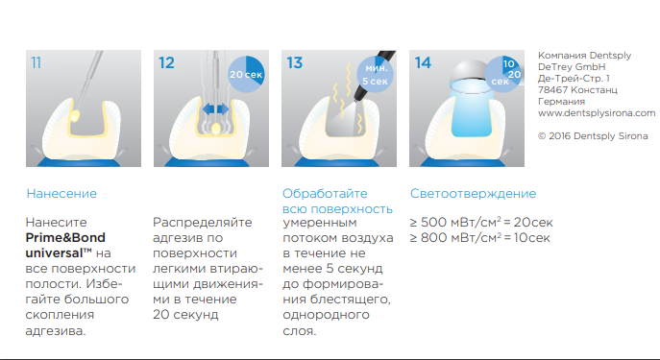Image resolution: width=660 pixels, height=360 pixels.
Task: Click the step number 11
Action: [x=37, y=62]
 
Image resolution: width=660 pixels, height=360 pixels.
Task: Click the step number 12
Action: [x=166, y=62]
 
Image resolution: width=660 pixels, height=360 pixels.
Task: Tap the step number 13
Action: [x=294, y=62]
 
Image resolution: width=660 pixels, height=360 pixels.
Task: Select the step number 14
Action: [x=423, y=62]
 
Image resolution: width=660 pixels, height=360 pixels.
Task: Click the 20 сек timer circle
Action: [x=246, y=74]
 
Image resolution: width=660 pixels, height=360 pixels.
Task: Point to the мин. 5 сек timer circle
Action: [x=375, y=74]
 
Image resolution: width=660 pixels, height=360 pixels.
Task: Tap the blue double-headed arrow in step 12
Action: [x=215, y=109]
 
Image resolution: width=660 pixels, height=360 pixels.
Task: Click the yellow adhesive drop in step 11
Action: [x=75, y=116]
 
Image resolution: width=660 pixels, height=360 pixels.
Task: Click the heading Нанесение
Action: [x=61, y=194]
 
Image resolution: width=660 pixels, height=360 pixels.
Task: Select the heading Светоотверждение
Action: [x=473, y=194]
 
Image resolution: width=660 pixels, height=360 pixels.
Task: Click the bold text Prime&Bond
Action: [x=65, y=238]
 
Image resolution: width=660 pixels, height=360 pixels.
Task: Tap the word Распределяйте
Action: [x=203, y=223]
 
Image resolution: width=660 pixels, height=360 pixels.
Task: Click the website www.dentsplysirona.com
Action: [x=597, y=112]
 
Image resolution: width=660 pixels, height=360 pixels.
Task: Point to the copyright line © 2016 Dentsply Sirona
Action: [x=593, y=136]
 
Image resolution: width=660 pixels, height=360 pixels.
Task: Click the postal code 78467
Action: [x=551, y=89]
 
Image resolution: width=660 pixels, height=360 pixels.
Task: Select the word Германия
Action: [x=561, y=102]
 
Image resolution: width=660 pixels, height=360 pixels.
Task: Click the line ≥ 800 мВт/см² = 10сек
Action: [x=479, y=238]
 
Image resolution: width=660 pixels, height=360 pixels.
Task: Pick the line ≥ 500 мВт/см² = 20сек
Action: [x=481, y=222]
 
